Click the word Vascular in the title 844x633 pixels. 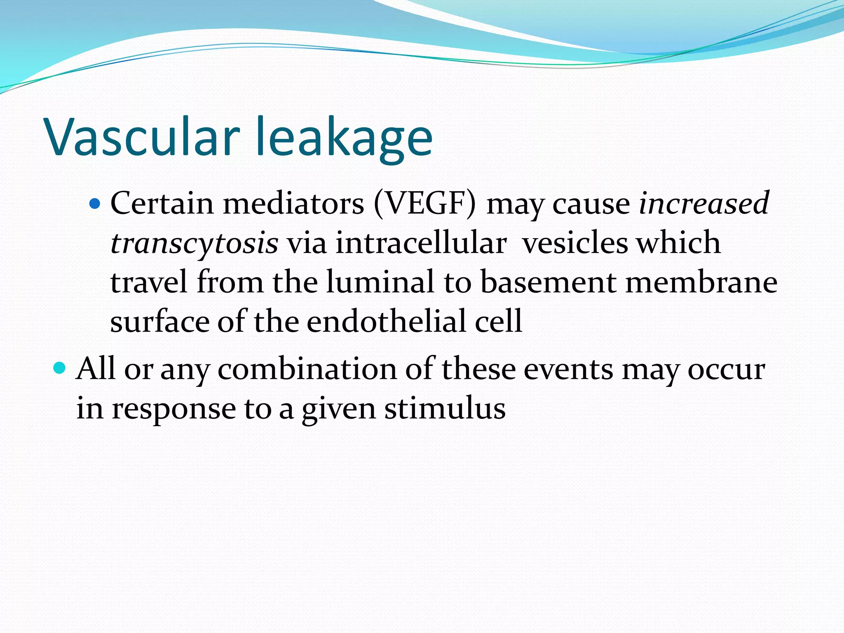pyautogui.click(x=143, y=137)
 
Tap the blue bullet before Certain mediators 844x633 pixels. pyautogui.click(x=95, y=203)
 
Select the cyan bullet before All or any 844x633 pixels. pyautogui.click(x=60, y=368)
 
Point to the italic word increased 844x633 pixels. pyautogui.click(x=703, y=203)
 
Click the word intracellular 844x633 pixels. pyautogui.click(x=421, y=243)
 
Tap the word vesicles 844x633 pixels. pyautogui.click(x=575, y=243)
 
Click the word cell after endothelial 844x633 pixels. pyautogui.click(x=499, y=321)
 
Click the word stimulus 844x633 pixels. pyautogui.click(x=445, y=409)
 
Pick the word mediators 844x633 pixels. pyautogui.click(x=294, y=203)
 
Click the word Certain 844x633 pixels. pyautogui.click(x=162, y=203)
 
